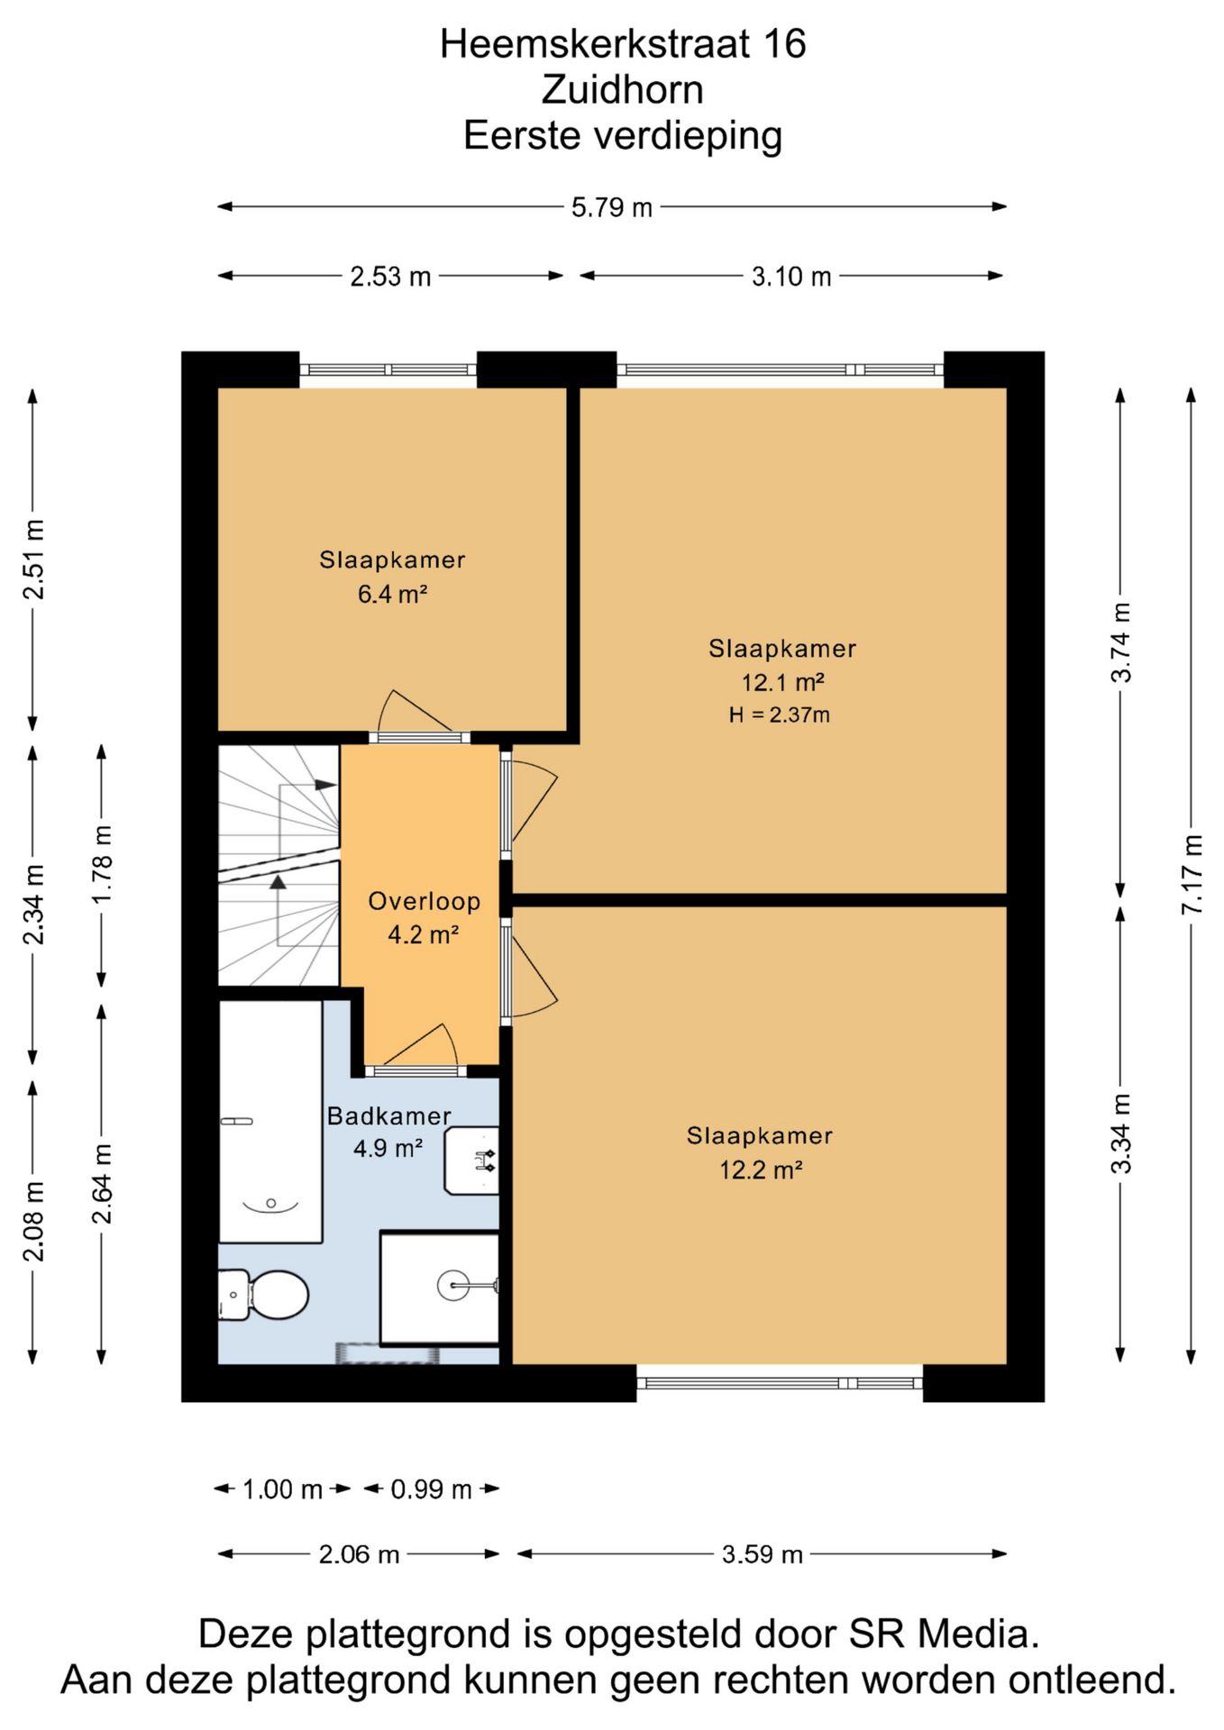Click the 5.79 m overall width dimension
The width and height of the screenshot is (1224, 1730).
click(611, 207)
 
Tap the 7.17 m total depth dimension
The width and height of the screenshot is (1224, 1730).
click(1192, 874)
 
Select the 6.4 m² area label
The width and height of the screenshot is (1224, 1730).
click(392, 594)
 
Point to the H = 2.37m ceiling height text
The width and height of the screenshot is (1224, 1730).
click(780, 715)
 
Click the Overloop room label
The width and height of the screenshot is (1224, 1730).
click(424, 901)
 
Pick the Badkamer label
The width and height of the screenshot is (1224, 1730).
click(388, 1115)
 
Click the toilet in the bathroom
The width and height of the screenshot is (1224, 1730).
click(263, 1295)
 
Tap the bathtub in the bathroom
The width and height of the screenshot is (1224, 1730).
click(270, 1122)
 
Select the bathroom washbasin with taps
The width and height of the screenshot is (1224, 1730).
click(471, 1161)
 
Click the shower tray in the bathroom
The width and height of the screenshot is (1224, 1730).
click(440, 1288)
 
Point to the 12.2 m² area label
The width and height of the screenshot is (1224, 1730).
click(760, 1170)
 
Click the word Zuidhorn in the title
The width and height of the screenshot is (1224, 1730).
click(623, 89)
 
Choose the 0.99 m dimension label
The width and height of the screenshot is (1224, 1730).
click(431, 1489)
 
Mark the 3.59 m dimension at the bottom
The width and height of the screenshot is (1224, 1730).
click(762, 1554)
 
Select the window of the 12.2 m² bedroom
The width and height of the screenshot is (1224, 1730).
click(780, 1383)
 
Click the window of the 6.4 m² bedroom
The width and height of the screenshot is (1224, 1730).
click(388, 369)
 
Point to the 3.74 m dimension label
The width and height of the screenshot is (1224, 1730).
click(1120, 642)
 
